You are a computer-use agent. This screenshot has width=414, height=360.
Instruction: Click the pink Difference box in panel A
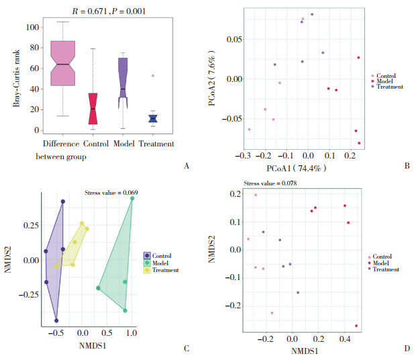click(x=62, y=62)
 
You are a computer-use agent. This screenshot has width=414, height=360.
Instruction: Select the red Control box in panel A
click(x=93, y=108)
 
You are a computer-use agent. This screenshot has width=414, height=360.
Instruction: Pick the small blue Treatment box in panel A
click(x=153, y=119)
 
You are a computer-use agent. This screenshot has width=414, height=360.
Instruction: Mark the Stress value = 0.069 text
click(x=112, y=193)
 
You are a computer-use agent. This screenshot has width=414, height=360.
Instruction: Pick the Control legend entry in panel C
click(x=159, y=256)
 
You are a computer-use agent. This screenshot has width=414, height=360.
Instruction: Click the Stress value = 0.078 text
click(x=268, y=183)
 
